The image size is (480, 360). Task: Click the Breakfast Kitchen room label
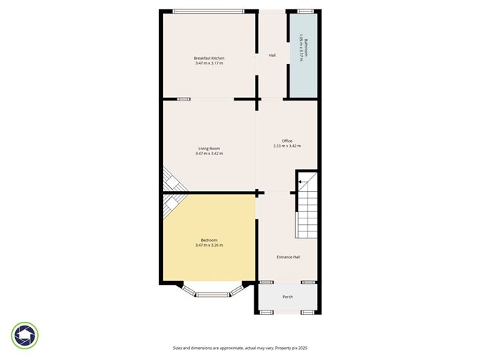click(x=209, y=57)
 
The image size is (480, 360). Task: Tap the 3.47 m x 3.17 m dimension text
click(x=209, y=63)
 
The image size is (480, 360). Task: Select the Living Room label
click(x=209, y=148)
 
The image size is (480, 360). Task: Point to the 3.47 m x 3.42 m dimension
click(x=209, y=154)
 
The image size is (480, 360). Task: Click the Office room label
click(x=287, y=140)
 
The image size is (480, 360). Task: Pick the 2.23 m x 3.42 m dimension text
click(x=287, y=146)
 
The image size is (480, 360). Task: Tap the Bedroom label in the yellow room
click(x=209, y=240)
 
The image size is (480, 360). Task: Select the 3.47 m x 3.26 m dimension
click(x=209, y=246)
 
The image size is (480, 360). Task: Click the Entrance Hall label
click(x=288, y=257)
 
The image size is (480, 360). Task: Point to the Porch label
click(x=287, y=297)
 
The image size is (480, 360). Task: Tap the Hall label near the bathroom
click(x=272, y=55)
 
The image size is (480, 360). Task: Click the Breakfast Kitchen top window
click(x=208, y=11)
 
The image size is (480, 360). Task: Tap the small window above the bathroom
click(x=305, y=11)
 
